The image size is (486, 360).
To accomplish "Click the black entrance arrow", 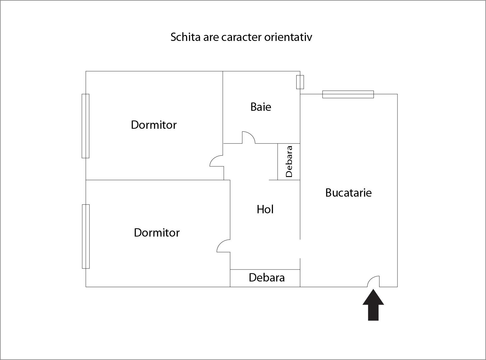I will point(373,305).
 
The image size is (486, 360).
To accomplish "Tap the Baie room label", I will point(261,107).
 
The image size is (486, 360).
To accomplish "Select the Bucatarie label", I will point(348,193).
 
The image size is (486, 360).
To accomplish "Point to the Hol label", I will point(265,209).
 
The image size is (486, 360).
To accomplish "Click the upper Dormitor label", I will point(153,125).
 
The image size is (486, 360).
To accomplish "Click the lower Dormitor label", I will point(156,233).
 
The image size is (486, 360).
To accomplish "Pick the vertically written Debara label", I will point(289,161).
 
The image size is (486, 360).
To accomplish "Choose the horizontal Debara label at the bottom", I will point(267,277).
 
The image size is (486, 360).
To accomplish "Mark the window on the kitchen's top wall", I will point(348,94).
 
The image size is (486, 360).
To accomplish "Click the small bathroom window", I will point(300,82).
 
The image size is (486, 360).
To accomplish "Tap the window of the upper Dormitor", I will point(86,126).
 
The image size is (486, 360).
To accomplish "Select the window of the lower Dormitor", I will point(86,236).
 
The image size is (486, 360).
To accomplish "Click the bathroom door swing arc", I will point(249,137).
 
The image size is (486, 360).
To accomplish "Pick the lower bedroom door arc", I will point(223,246).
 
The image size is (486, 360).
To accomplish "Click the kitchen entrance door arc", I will point(373,281).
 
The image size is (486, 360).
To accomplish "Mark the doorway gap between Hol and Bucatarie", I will point(300,249).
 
